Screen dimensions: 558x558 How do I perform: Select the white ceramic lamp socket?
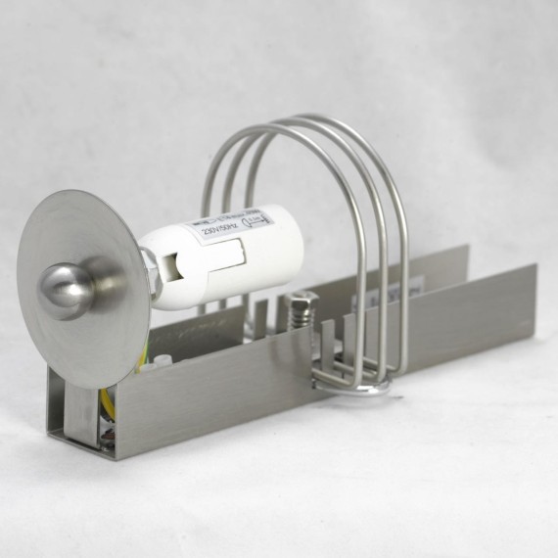point(196,260)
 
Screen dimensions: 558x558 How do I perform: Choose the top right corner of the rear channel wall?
point(467,247)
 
